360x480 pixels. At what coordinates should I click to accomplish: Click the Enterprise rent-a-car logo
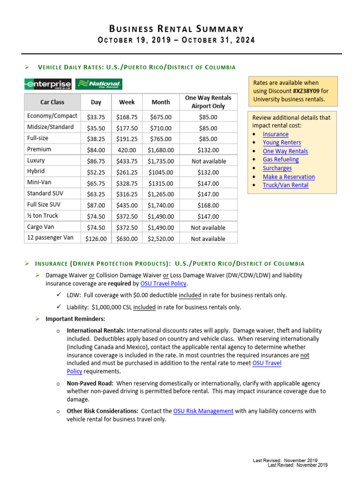pos(48,84)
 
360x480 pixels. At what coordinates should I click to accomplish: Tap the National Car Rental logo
pos(99,84)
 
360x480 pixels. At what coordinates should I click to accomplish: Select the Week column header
pos(127,102)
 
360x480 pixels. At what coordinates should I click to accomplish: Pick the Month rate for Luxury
pos(161,161)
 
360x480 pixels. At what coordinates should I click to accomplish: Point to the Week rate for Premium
pos(127,150)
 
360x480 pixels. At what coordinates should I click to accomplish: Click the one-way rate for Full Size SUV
pos(208,205)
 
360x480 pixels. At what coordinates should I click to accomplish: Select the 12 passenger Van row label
pos(51,238)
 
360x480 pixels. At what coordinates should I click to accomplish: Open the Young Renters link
pos(282,142)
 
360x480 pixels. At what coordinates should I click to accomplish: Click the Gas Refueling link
pos(280,159)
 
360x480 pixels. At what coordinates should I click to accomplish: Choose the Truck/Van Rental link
pos(285,185)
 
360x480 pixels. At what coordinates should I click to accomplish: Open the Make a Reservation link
pos(288,177)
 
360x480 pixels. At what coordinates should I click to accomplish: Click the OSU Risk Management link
pos(203,411)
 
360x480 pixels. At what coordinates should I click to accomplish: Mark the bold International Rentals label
pos(96,330)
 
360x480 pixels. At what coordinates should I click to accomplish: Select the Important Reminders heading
pos(72,319)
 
